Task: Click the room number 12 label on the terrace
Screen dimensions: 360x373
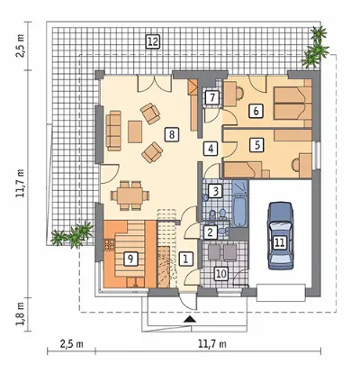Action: pyautogui.click(x=152, y=41)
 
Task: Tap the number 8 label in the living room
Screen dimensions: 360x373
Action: pyautogui.click(x=172, y=134)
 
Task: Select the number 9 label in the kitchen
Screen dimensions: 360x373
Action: pyautogui.click(x=130, y=259)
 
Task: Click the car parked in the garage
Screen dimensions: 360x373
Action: pyautogui.click(x=280, y=236)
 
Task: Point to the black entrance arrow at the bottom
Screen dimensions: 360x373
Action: pyautogui.click(x=190, y=319)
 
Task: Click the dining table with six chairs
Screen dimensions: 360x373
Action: pyautogui.click(x=130, y=196)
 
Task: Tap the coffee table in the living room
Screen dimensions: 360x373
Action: pyautogui.click(x=135, y=132)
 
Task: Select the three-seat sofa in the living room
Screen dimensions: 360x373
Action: pyautogui.click(x=113, y=131)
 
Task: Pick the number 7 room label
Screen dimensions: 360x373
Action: pyautogui.click(x=212, y=97)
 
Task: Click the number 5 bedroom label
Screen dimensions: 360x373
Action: pyautogui.click(x=257, y=145)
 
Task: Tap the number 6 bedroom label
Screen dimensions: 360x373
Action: pyautogui.click(x=256, y=111)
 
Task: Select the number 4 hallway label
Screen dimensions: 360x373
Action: pyautogui.click(x=211, y=149)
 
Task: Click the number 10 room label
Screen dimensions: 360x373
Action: pyautogui.click(x=221, y=274)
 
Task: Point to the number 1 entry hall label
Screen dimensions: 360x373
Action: pyautogui.click(x=186, y=259)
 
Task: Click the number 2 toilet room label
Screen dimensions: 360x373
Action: pyautogui.click(x=211, y=232)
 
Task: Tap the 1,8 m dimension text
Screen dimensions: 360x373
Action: pyautogui.click(x=21, y=314)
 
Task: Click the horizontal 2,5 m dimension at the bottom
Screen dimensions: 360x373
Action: pyautogui.click(x=71, y=344)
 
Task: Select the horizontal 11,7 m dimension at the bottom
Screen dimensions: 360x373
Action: pyautogui.click(x=212, y=344)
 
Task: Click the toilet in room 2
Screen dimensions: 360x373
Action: pyautogui.click(x=223, y=232)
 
